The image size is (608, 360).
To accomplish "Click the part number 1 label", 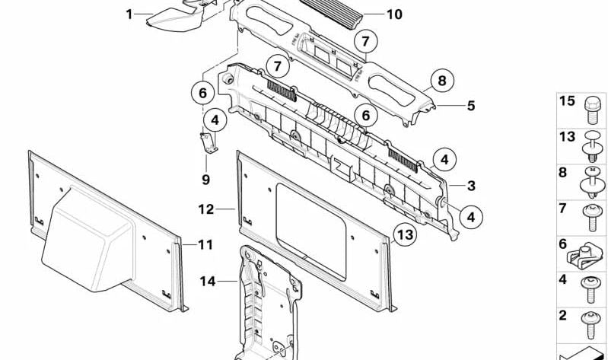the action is (x=129, y=14).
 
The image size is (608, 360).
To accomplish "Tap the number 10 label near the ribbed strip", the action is (x=394, y=14).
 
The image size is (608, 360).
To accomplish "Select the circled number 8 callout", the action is (x=441, y=81).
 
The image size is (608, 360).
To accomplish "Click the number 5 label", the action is (x=471, y=106).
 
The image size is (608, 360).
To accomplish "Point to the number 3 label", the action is (x=471, y=186).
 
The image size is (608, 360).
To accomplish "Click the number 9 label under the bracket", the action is (x=205, y=180).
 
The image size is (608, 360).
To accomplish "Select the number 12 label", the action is (x=206, y=209).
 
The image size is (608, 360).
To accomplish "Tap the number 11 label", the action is (x=205, y=245).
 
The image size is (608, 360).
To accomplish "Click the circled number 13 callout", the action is (x=405, y=235).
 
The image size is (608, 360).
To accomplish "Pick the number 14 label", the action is (x=208, y=281).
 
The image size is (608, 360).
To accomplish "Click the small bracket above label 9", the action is (x=209, y=142).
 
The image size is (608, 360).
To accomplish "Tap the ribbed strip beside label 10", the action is (x=332, y=14).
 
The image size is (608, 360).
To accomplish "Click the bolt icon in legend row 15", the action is (x=592, y=110).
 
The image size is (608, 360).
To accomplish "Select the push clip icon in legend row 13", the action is (x=592, y=147).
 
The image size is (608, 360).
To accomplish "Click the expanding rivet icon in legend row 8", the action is (x=592, y=183).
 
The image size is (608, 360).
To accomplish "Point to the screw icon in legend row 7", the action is (x=592, y=217).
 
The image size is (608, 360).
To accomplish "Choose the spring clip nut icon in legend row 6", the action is (x=585, y=256).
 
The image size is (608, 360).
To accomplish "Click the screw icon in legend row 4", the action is (x=591, y=289).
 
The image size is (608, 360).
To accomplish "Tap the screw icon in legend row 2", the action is (x=591, y=324).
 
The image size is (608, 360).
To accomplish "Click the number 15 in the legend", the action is (x=566, y=101).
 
